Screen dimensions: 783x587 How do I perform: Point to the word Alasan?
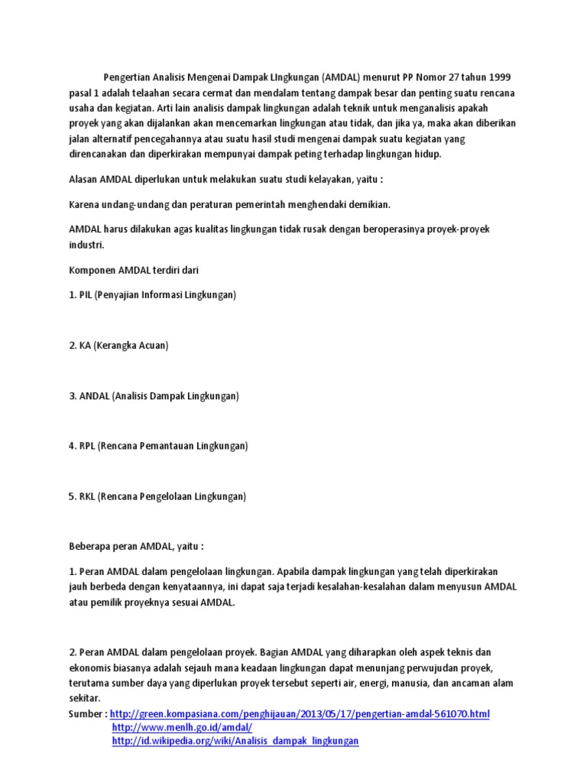(85, 179)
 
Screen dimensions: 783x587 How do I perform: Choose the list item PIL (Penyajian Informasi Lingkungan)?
(152, 295)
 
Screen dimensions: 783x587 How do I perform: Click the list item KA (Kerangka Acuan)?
(118, 346)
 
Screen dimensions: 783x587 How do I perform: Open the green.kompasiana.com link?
(300, 714)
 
